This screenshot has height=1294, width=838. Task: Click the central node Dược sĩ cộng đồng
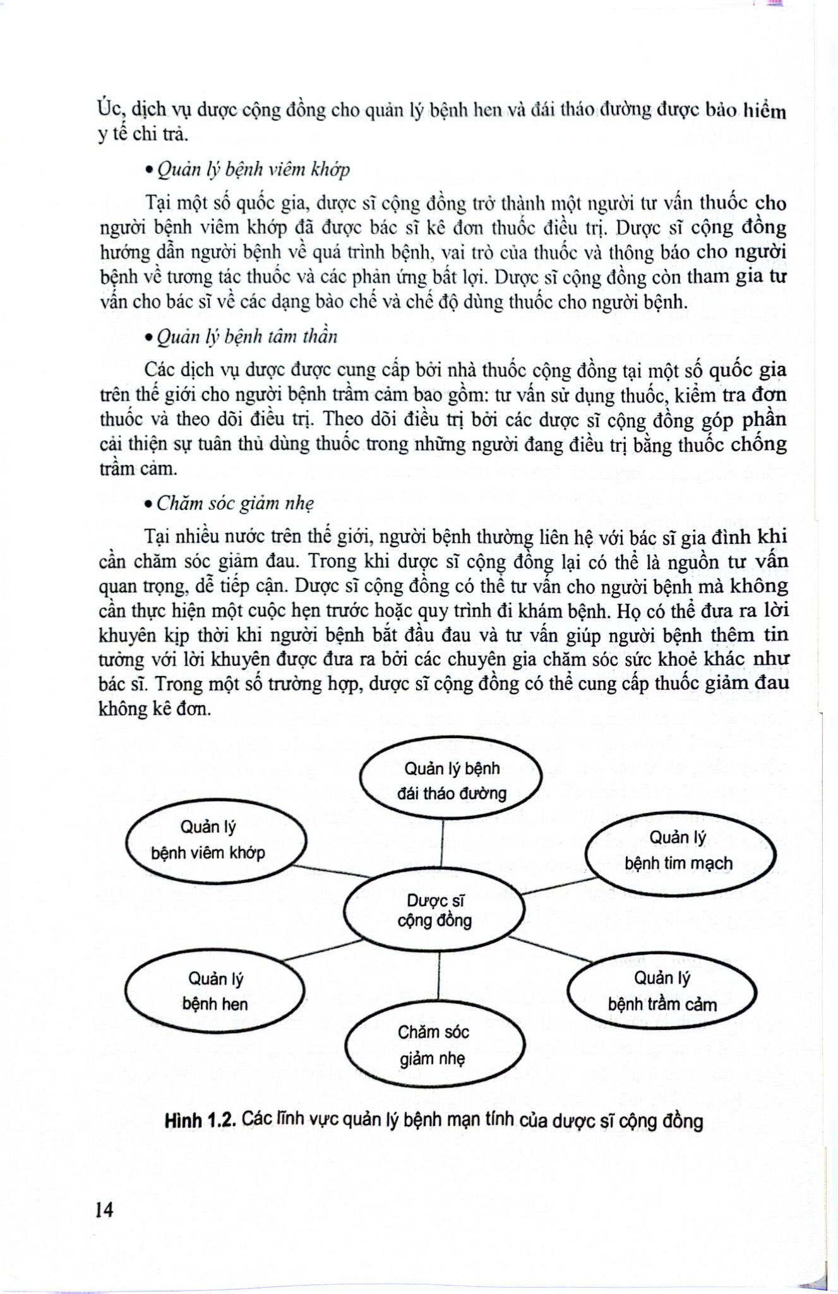tap(434, 910)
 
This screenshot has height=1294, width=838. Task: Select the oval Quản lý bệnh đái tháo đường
tap(452, 781)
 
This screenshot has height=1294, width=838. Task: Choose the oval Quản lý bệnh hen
tap(215, 991)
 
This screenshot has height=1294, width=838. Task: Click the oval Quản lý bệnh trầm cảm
tap(662, 991)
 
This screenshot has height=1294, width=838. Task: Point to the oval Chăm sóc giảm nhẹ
tap(434, 1045)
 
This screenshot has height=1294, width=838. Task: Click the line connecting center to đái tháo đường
tap(442, 844)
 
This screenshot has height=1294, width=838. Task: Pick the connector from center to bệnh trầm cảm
tap(549, 948)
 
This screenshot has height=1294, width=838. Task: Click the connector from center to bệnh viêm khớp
tap(328, 871)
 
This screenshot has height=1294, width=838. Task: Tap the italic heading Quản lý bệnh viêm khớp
tap(253, 170)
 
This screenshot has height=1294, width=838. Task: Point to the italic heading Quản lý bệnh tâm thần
tap(246, 337)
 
